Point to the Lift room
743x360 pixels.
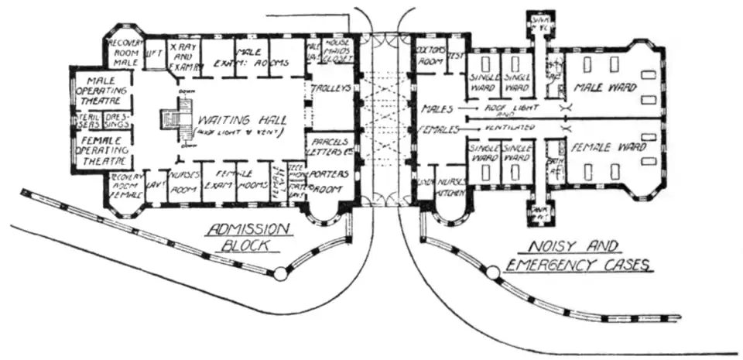tap(154, 57)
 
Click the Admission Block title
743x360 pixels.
tap(248, 236)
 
